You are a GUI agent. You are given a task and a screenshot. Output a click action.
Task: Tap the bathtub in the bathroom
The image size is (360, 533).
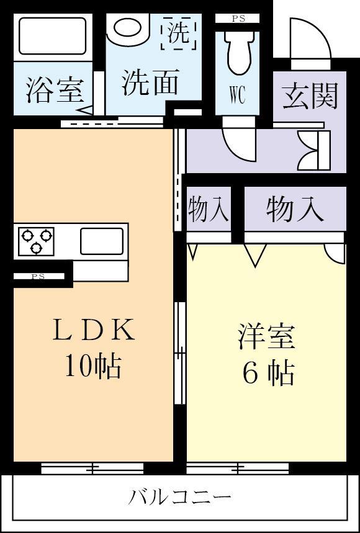(52, 36)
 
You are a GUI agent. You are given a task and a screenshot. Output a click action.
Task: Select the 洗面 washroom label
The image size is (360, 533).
(151, 83)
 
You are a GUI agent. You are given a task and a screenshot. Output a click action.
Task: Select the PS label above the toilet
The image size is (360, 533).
(238, 19)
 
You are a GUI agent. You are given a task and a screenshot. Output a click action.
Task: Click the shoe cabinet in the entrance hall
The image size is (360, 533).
(314, 151)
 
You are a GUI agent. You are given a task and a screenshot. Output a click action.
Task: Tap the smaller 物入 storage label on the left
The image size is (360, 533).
(209, 209)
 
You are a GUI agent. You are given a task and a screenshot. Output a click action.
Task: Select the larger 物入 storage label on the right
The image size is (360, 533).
(295, 209)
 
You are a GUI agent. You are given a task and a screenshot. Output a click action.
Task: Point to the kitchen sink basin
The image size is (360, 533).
(101, 241)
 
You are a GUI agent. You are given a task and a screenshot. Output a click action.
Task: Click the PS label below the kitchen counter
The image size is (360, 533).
(38, 277)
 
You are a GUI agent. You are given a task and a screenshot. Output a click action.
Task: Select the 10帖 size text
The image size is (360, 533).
(93, 367)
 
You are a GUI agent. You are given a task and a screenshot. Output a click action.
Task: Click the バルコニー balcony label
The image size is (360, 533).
(180, 497)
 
